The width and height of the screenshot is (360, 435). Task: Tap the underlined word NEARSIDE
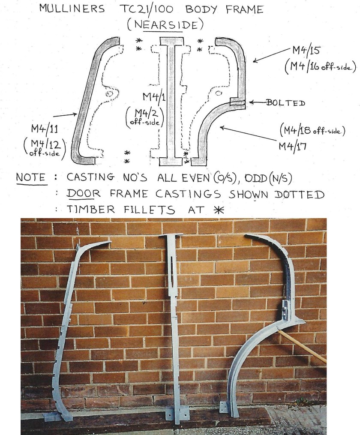tap(165, 25)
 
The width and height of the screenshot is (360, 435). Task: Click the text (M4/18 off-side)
tap(312, 130)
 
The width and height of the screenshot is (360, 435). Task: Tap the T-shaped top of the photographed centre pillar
tap(171, 237)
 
